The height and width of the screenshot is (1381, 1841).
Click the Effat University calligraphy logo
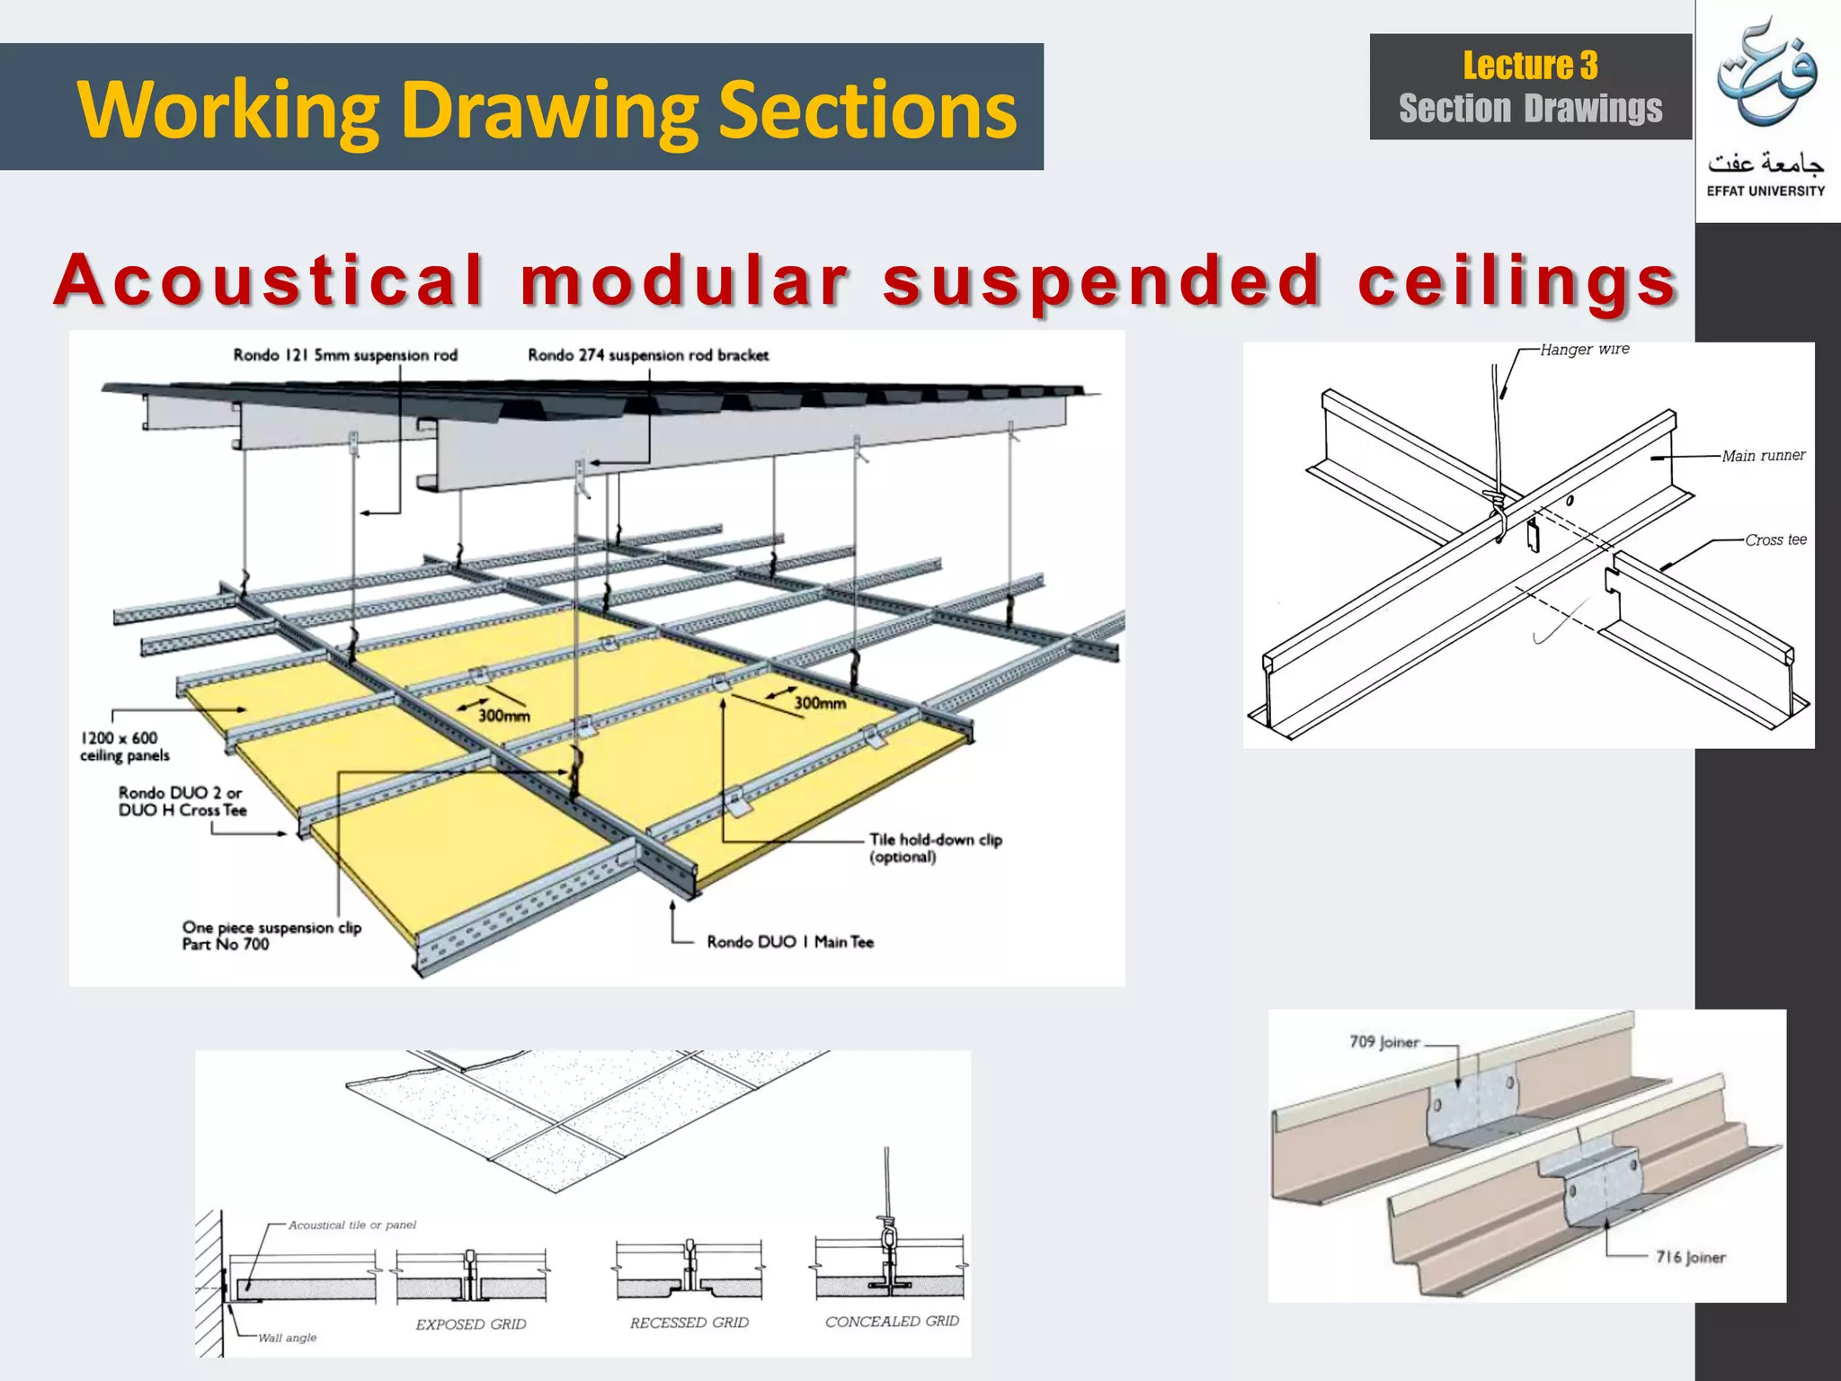click(x=1765, y=76)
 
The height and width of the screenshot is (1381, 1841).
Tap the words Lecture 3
click(x=1530, y=66)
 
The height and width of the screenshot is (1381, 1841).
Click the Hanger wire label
click(x=1584, y=349)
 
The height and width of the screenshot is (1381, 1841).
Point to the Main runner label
click(x=1763, y=456)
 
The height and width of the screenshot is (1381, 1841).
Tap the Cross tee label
click(x=1775, y=539)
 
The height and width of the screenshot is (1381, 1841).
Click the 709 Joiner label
click(x=1383, y=1042)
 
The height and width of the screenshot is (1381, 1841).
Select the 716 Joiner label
click(x=1690, y=1257)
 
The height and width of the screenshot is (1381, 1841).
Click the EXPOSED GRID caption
click(x=471, y=1324)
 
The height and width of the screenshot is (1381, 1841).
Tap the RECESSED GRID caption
click(x=689, y=1323)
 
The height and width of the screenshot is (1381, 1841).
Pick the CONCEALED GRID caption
click(x=892, y=1322)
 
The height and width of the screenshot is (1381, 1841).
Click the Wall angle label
click(x=287, y=1338)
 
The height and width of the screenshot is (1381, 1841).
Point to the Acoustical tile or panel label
click(x=352, y=1225)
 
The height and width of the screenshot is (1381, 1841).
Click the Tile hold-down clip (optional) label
click(x=935, y=848)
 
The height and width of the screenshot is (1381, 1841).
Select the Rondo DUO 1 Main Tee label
click(x=789, y=942)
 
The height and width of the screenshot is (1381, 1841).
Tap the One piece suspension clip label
click(x=271, y=935)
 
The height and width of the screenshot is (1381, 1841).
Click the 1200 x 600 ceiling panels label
click(x=124, y=746)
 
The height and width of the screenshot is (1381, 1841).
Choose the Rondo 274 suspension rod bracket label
click(x=648, y=355)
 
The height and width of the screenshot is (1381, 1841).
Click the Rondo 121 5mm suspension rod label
click(x=345, y=355)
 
